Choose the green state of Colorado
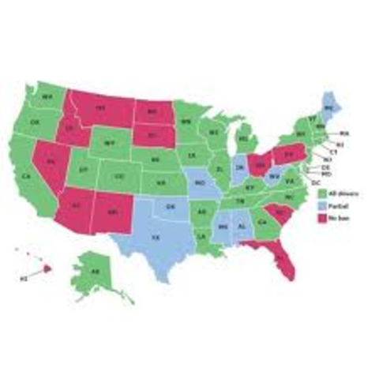119,177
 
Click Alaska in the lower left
94,273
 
